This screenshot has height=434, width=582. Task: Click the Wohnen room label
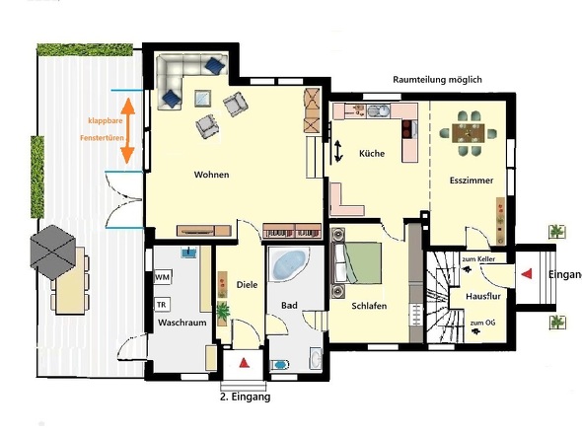(211, 175)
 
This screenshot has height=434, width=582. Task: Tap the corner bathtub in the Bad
(288, 264)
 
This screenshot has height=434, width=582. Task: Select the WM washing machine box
(163, 277)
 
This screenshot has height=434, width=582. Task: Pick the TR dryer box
(162, 305)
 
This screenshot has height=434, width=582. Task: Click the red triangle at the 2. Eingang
(244, 363)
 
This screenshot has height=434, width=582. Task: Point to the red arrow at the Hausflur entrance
(527, 274)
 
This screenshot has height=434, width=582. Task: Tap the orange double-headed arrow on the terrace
(127, 130)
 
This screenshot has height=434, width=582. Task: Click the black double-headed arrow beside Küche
(337, 151)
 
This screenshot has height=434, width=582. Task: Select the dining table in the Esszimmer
(468, 133)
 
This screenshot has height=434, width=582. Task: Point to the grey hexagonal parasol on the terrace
(52, 253)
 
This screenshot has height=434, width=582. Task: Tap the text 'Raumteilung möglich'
(437, 80)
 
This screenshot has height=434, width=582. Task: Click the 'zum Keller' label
(478, 259)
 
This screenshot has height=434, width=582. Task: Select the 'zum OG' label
(482, 323)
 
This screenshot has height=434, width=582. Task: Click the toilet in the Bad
(280, 365)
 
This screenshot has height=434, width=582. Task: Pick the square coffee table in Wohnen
(202, 98)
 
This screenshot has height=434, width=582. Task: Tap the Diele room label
(247, 285)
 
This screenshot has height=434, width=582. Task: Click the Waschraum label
(182, 323)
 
